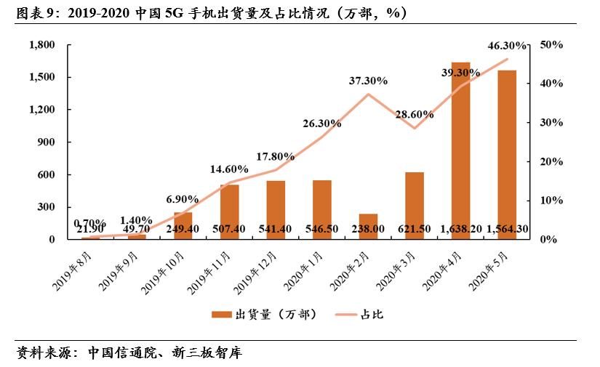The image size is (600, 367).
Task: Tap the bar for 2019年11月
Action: click(x=230, y=211)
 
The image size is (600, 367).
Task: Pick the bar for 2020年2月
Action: click(x=368, y=226)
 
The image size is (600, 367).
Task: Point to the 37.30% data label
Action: click(x=368, y=80)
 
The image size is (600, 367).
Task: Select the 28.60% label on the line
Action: click(x=414, y=114)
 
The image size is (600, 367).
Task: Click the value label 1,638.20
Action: click(x=460, y=230)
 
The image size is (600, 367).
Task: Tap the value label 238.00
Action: click(x=368, y=230)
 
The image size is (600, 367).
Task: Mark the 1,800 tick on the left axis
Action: click(x=42, y=45)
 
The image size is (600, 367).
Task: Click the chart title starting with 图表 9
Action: click(x=211, y=14)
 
